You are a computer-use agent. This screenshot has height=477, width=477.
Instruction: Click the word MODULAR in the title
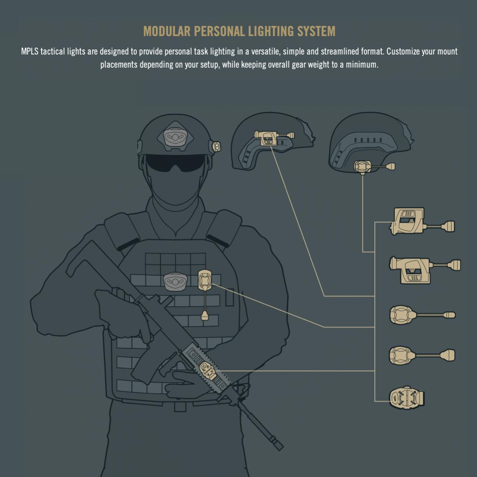click(x=167, y=32)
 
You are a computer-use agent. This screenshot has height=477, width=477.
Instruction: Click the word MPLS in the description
click(x=29, y=51)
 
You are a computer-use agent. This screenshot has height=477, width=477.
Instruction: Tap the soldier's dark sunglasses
click(x=176, y=162)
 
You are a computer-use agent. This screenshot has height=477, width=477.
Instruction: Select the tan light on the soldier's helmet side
click(x=216, y=146)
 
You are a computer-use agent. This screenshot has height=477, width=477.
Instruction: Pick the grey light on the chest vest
click(x=175, y=281)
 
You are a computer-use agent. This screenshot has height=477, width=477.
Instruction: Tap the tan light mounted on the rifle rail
click(x=208, y=371)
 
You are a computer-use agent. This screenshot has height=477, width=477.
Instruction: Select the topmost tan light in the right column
click(x=422, y=221)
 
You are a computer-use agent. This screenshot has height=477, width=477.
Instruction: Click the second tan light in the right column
click(x=425, y=270)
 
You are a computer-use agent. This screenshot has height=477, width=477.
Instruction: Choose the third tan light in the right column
click(x=422, y=315)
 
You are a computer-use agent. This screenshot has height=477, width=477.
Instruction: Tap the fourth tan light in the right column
click(x=422, y=355)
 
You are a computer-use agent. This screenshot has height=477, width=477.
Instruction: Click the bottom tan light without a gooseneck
click(x=406, y=398)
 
